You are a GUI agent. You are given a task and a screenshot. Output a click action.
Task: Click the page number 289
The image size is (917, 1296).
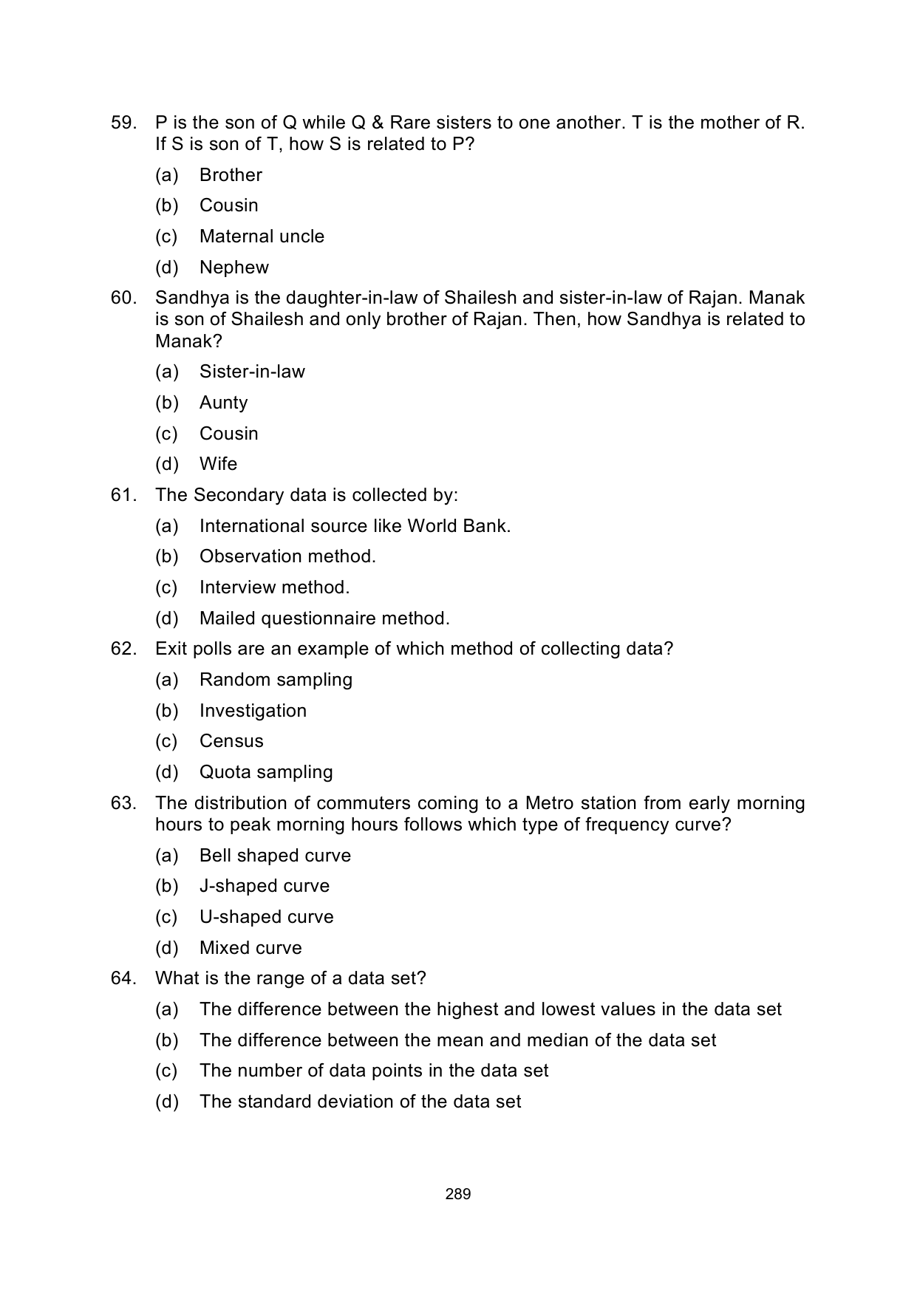pos(458,1194)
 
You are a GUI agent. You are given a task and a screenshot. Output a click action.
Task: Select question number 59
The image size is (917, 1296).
pos(123,123)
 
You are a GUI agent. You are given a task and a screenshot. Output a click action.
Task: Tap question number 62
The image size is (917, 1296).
pos(123,649)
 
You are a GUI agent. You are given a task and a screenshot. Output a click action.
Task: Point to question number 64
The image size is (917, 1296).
pos(123,978)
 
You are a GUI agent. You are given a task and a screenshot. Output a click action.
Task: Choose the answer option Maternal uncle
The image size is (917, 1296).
pos(262,236)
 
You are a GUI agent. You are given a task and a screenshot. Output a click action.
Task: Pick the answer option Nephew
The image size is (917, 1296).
pos(233,267)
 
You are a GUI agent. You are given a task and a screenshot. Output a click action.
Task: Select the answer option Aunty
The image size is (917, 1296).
pos(223,403)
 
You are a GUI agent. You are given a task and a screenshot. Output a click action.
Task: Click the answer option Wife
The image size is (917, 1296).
pos(218,464)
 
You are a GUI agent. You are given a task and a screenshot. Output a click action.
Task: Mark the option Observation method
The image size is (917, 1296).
pos(287,556)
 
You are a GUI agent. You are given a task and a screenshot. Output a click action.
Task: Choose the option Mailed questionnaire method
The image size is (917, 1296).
pos(324,618)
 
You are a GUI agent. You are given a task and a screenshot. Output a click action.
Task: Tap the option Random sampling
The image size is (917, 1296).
pos(276,680)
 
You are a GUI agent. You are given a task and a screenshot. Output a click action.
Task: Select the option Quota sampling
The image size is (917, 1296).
pos(266,772)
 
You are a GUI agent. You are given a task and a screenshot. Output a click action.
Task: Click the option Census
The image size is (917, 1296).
pos(231,741)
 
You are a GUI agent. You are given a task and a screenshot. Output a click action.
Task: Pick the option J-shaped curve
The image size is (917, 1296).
pos(265,886)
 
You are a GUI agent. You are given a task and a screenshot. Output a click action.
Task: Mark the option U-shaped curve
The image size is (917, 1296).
pos(266,917)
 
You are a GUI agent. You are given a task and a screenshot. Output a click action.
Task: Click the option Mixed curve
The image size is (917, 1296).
pos(250,948)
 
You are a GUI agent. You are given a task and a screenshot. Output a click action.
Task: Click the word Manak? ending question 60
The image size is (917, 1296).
pos(188,341)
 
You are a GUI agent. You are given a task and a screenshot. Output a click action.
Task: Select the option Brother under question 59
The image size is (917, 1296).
pos(231,175)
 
